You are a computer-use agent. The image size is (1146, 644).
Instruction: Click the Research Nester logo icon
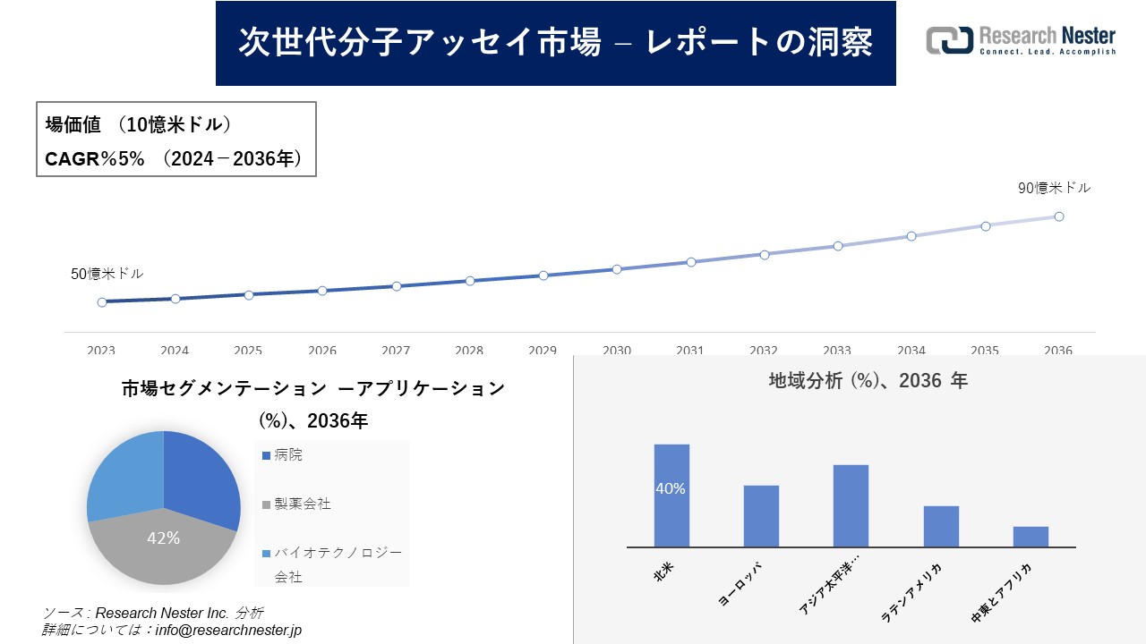coord(950,40)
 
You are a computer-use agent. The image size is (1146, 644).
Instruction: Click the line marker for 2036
coord(1058,216)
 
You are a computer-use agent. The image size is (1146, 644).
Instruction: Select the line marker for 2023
coord(102,302)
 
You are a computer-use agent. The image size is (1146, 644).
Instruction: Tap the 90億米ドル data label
coord(1054,188)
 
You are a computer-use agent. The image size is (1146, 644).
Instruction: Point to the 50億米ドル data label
coord(107,274)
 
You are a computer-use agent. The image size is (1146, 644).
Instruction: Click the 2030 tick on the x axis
coord(617,351)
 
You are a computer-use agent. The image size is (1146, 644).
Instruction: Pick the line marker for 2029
coord(543,275)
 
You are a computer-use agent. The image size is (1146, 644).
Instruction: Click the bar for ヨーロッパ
coord(761,516)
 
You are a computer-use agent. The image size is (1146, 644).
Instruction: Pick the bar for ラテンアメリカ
coord(941,526)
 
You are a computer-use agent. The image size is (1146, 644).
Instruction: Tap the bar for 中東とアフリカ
coord(1031,537)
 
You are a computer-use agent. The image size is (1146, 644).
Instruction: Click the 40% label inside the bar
coord(671,488)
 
